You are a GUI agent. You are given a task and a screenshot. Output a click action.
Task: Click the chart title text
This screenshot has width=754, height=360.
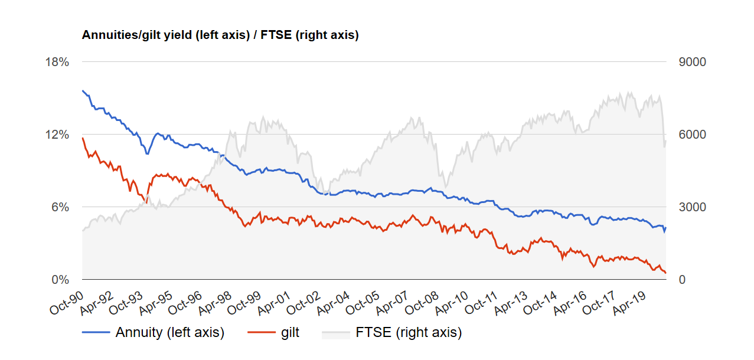tap(220, 35)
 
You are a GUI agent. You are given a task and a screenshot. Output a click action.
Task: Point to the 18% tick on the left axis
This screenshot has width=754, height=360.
tap(57, 62)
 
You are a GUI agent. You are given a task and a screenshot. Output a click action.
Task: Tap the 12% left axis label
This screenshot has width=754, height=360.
tap(57, 135)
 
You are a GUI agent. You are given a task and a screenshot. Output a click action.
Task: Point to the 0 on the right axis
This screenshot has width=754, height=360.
tap(682, 280)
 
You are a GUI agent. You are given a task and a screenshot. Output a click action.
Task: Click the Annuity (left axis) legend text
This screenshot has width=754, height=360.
tap(169, 333)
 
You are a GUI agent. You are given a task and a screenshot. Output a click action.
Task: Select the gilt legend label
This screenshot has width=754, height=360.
tap(290, 333)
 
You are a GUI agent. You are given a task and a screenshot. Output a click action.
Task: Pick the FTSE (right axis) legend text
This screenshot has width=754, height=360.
tap(409, 333)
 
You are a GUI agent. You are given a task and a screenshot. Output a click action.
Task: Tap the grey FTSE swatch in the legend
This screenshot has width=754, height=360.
tap(335, 333)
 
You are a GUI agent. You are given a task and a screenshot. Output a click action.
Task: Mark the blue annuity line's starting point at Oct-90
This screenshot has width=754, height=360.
tap(83, 91)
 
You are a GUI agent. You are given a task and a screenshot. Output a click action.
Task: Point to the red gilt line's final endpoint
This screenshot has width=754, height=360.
tap(666, 273)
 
